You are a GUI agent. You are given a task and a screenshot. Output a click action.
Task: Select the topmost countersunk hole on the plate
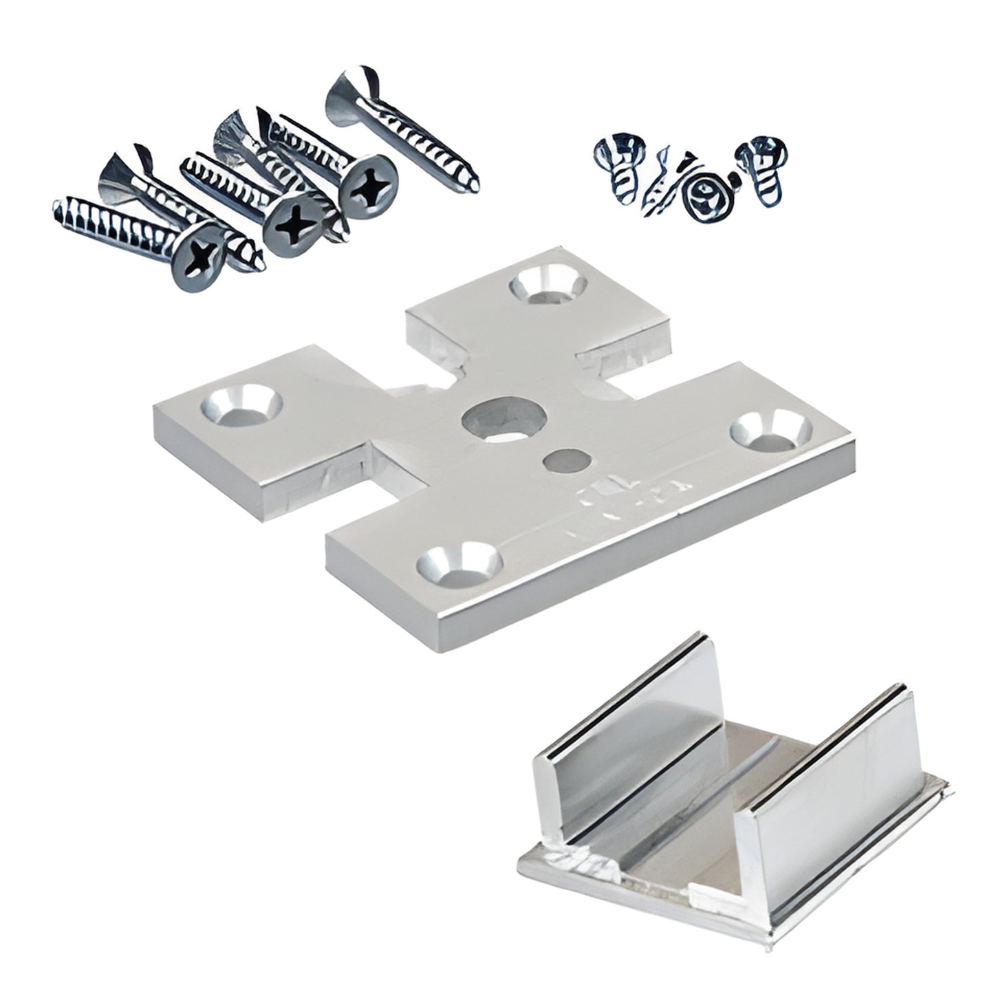[548, 285]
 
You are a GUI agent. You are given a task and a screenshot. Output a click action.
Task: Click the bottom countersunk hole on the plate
[458, 563]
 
